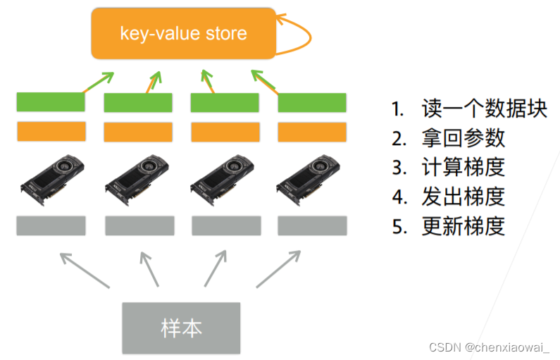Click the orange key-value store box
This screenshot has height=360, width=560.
(182, 33)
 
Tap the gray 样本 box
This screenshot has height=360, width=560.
(181, 328)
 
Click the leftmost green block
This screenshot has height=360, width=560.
(51, 101)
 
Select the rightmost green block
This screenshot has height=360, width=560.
(312, 103)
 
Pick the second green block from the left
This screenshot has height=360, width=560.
(138, 103)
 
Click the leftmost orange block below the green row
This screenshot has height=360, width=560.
(51, 132)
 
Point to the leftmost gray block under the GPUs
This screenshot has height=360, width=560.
(51, 225)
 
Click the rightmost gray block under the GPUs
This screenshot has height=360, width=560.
(312, 225)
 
